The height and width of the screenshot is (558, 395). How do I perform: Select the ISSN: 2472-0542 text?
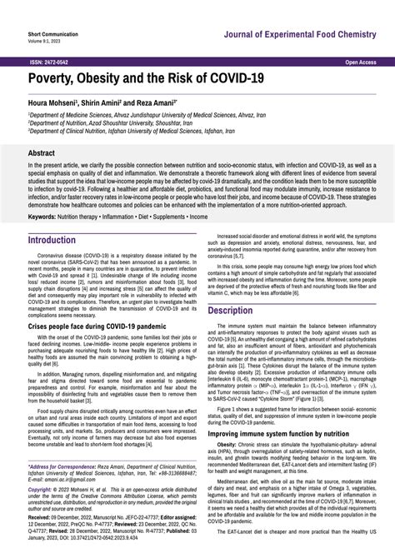[x=50, y=62]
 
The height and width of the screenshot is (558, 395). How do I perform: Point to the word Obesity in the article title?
[x=104, y=80]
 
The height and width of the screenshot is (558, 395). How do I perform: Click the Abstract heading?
[x=42, y=153]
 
